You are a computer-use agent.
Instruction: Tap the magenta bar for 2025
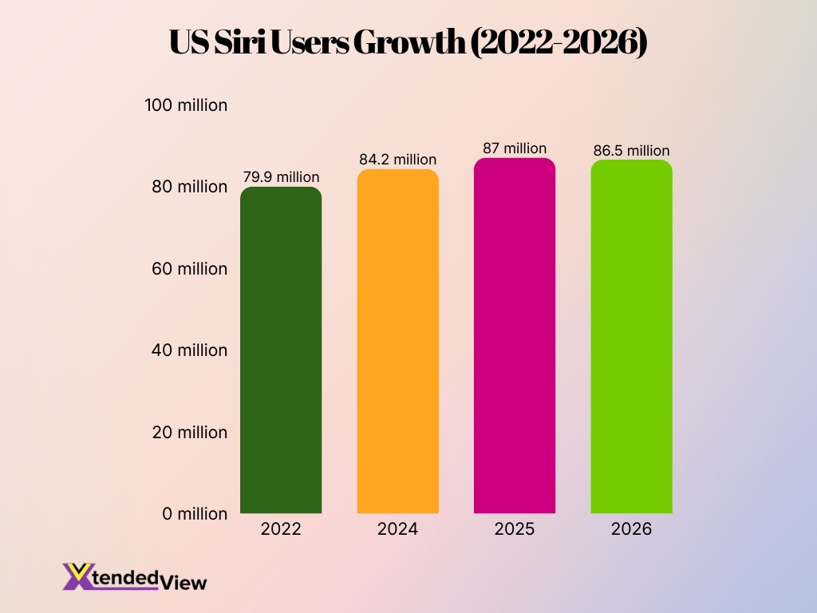tap(515, 335)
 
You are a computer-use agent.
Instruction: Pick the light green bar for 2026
tap(631, 336)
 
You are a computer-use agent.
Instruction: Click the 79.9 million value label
tap(281, 177)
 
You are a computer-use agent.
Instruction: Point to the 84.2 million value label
tap(398, 160)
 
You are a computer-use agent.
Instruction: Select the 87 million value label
tap(515, 148)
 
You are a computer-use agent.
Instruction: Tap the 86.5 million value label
tap(631, 150)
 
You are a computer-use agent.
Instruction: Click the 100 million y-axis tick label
tap(186, 105)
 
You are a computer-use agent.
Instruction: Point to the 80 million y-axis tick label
tap(190, 187)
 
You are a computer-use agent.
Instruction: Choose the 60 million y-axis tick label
tap(190, 269)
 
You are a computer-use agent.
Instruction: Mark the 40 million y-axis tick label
tap(190, 350)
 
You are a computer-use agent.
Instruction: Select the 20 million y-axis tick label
tap(190, 433)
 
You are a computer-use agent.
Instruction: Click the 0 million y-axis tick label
tap(194, 514)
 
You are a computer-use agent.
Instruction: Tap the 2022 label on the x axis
tap(281, 529)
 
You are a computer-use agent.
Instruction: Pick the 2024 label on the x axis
tap(398, 529)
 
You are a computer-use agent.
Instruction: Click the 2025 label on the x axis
tap(515, 529)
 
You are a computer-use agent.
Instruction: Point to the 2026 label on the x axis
tap(631, 529)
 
